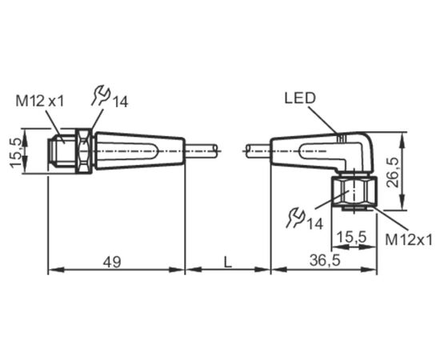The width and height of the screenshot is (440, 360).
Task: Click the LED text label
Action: (x=300, y=98)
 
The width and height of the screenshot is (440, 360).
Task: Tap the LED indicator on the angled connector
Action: (x=342, y=138)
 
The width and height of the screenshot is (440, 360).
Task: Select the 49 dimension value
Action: (x=112, y=262)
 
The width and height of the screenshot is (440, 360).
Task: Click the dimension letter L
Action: (x=227, y=262)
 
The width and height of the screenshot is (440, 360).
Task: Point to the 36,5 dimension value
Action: (x=325, y=260)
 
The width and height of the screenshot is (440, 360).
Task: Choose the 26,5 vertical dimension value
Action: (x=392, y=172)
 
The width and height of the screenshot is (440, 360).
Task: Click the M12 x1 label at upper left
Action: (x=40, y=101)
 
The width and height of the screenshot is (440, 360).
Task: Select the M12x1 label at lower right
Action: (x=409, y=240)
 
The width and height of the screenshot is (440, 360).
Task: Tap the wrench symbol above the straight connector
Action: (x=101, y=96)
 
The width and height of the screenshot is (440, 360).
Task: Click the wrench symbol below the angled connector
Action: (x=295, y=217)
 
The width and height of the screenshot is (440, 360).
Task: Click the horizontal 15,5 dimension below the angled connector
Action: (x=352, y=238)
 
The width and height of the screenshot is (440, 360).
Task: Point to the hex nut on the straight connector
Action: (x=84, y=151)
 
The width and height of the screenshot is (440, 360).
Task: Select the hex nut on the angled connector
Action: (x=354, y=192)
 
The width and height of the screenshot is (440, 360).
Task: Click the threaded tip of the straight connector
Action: (x=62, y=151)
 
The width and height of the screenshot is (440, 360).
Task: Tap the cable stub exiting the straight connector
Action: (x=201, y=151)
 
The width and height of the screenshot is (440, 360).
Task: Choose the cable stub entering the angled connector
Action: (x=258, y=151)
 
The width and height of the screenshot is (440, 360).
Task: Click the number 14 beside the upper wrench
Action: (x=120, y=102)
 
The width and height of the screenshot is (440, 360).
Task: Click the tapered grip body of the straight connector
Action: (x=140, y=151)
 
